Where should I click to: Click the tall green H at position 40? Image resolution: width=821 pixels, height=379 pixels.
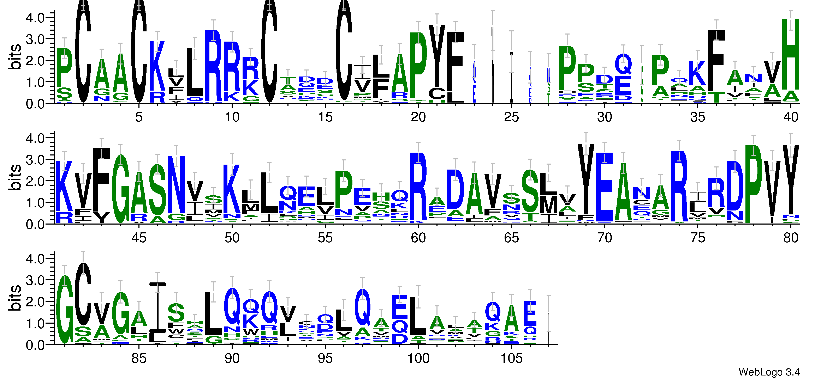pos(791,54)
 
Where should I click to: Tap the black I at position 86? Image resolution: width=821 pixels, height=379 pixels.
pos(157,306)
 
